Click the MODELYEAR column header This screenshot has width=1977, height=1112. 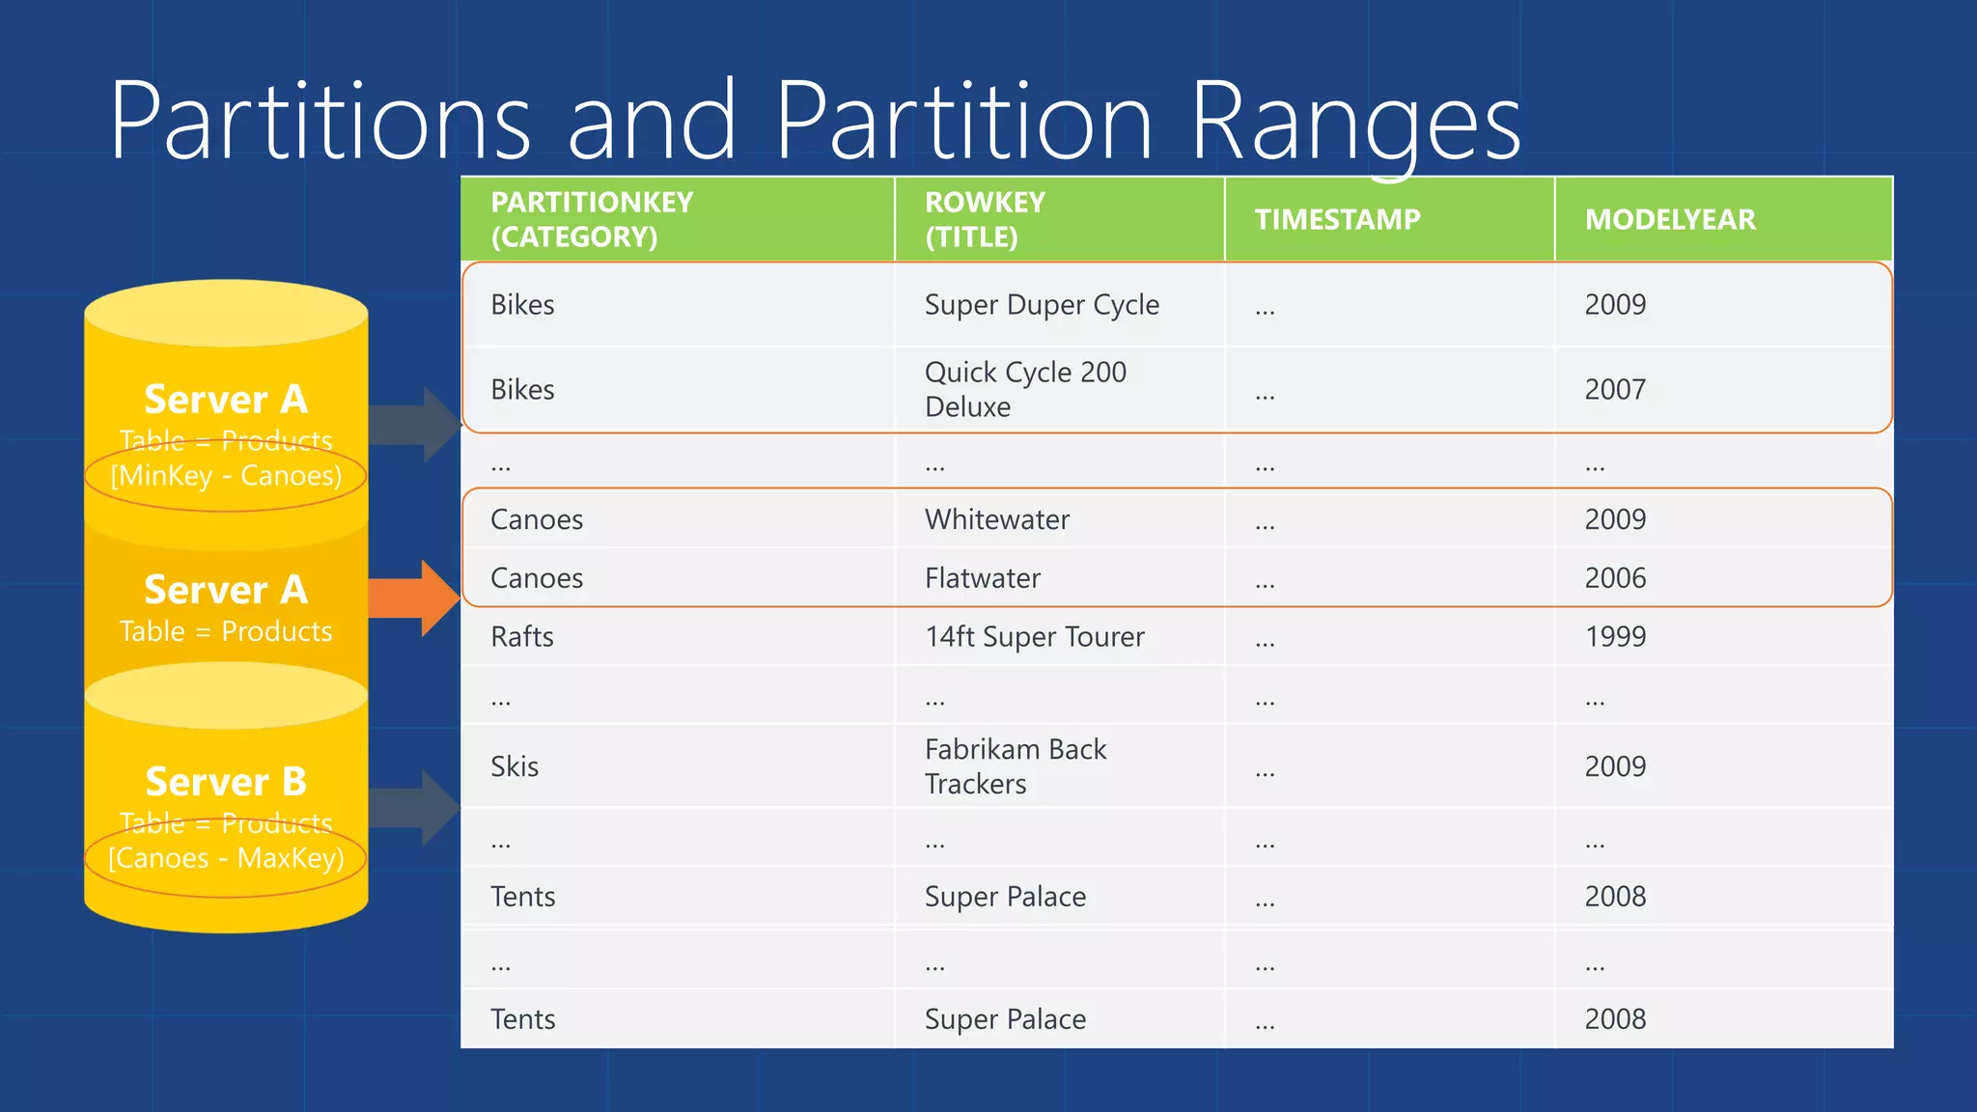point(1670,220)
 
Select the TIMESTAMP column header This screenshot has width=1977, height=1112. point(1337,220)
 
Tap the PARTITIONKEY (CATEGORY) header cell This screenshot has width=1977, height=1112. point(592,220)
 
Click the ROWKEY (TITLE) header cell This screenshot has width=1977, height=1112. point(985,220)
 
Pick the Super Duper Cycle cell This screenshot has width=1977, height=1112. point(1042,305)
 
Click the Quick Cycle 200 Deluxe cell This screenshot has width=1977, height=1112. point(1025,389)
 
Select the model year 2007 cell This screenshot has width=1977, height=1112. point(1615,390)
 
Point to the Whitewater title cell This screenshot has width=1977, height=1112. point(997,520)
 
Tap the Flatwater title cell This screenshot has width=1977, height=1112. point(982,578)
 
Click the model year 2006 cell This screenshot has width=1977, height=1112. point(1615,578)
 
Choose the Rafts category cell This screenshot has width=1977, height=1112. point(522,637)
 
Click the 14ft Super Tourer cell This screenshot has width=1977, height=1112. point(1034,637)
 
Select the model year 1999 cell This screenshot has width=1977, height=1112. point(1615,637)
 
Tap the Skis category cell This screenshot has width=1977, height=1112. point(515,766)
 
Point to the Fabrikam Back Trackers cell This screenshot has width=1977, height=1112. point(1016,766)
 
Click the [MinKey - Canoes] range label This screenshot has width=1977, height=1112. point(226,476)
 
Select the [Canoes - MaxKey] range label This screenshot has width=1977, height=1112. point(226,858)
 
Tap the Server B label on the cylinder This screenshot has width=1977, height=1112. point(226,782)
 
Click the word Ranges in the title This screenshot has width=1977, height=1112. point(1354,124)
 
